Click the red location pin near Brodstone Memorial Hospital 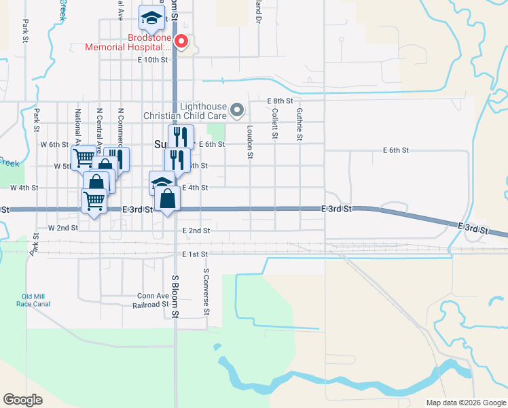tap(181, 41)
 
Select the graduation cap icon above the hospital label tap(152, 18)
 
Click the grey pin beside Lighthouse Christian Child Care tap(237, 109)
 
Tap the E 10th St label tap(152, 60)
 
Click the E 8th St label tap(280, 101)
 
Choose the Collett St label tap(275, 123)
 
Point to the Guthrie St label tap(300, 123)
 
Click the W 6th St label tap(54, 145)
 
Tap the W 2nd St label tap(63, 228)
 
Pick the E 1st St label tap(195, 254)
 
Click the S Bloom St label tap(175, 296)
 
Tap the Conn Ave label tap(153, 296)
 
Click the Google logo tap(22, 399)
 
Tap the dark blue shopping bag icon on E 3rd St tap(167, 199)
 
